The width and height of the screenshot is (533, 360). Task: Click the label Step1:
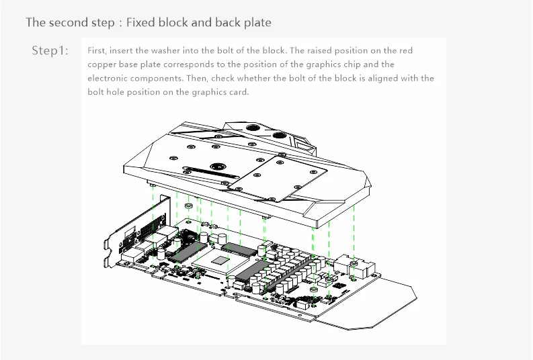50,50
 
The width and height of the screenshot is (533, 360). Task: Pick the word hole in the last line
115,92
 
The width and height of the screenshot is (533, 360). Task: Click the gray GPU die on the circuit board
220,261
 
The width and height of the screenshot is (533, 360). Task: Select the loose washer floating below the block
189,206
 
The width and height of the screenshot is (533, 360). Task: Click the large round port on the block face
218,167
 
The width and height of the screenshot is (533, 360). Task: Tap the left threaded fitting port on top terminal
252,128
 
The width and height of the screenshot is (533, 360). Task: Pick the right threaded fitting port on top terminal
280,135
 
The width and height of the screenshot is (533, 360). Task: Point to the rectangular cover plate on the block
278,178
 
